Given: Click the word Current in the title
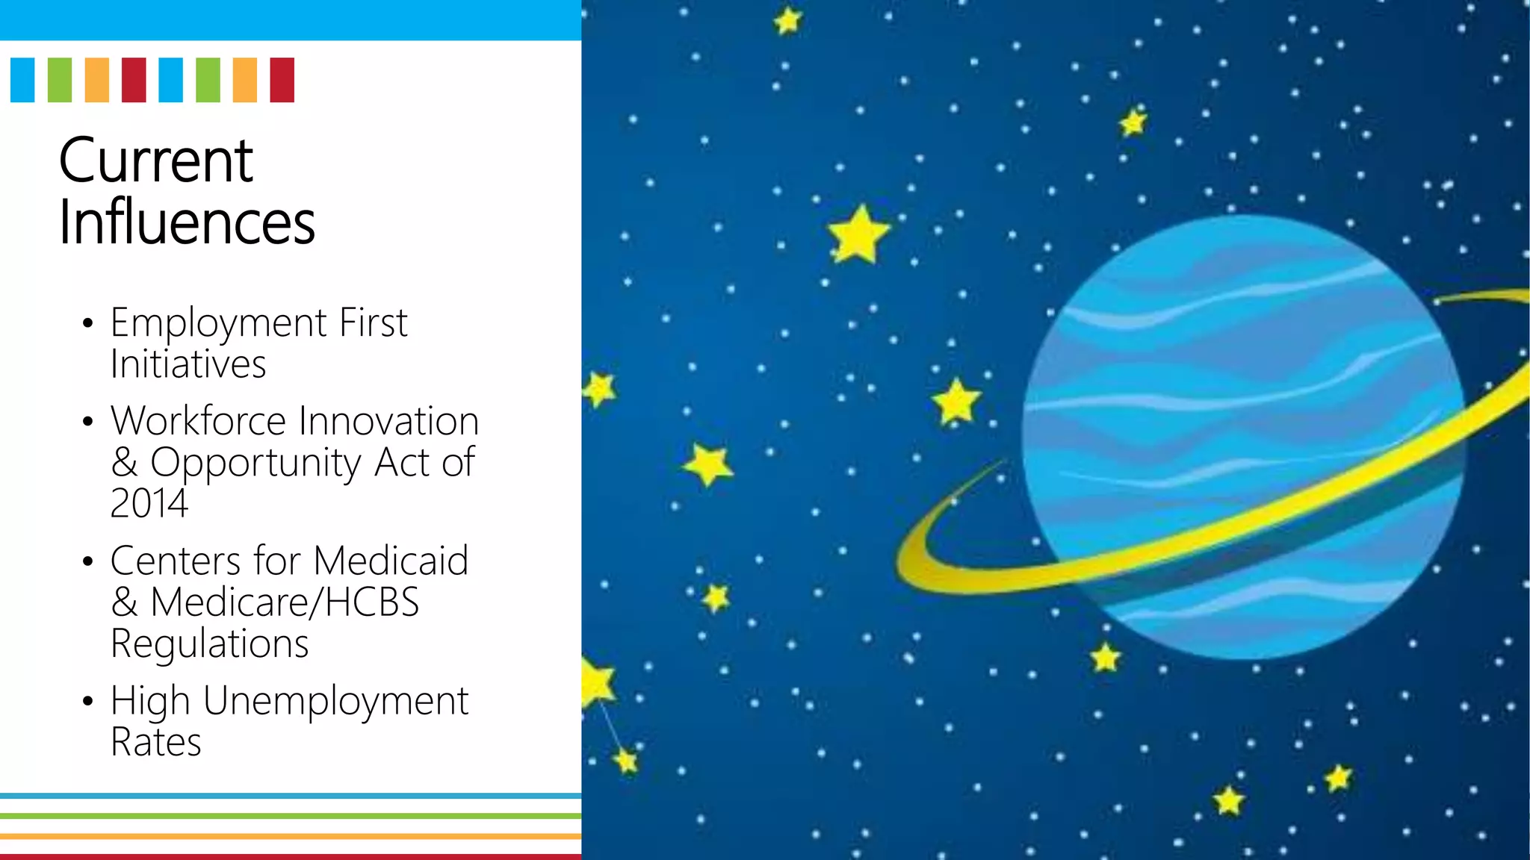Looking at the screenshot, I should pos(155,161).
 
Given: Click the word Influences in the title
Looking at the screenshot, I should pos(187,222).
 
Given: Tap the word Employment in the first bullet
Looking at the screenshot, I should pos(218,324).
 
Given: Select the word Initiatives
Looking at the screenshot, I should pos(188,365).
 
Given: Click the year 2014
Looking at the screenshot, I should pos(149,503).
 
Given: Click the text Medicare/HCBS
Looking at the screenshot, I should pos(285,602).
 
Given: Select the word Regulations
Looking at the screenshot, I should pos(209,644).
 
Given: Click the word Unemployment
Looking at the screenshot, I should pos(335,702).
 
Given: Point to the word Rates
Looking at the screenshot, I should pos(155,743).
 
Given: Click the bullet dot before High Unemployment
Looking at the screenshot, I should pos(88,702).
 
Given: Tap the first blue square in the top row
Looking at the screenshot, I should pos(22,80).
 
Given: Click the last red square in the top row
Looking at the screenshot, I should pos(282,80).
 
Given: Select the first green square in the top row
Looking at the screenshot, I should pos(60,80).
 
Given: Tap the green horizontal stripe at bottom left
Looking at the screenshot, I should pos(290,816).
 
